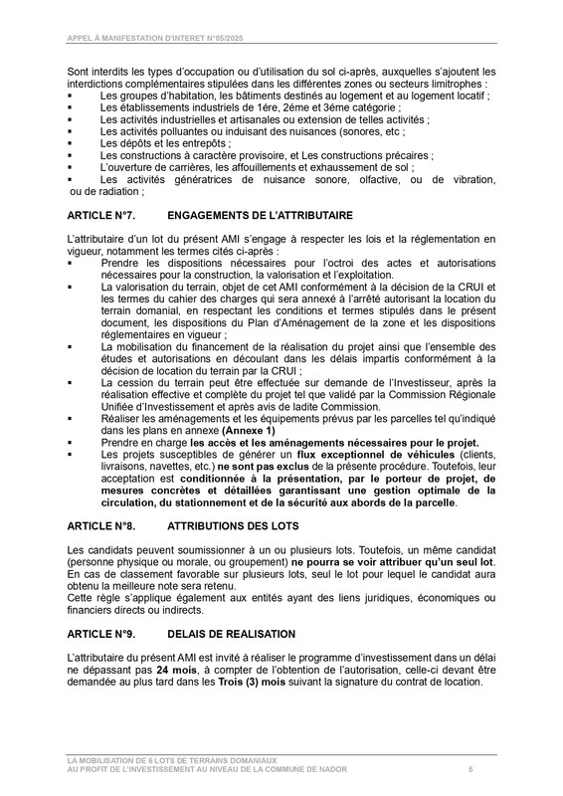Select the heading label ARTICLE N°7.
point(107,215)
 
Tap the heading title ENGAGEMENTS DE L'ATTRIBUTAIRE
point(254,215)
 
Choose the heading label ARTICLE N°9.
point(107,633)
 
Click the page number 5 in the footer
point(470,770)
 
